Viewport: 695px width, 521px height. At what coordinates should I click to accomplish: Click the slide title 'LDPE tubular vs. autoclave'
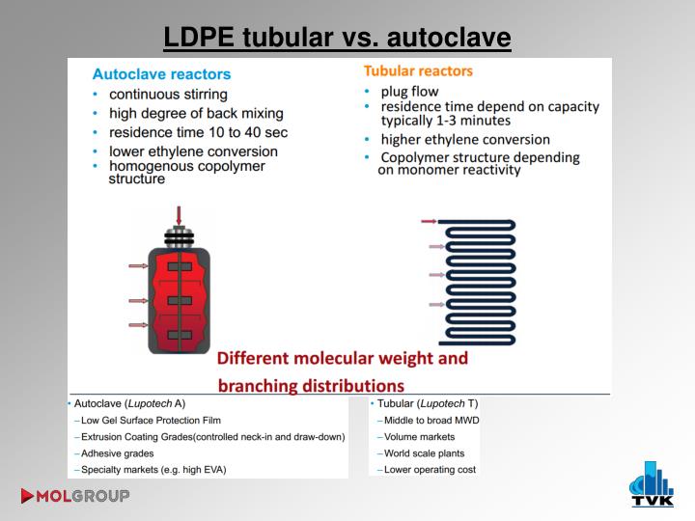click(337, 38)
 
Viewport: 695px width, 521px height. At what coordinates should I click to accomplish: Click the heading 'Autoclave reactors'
click(161, 73)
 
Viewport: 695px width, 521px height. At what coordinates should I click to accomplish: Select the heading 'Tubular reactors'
click(418, 70)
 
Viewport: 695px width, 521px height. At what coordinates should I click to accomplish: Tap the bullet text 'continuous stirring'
click(168, 95)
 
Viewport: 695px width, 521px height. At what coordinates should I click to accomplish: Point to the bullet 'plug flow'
click(409, 92)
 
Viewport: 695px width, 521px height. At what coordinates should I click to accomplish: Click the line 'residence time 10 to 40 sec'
click(198, 132)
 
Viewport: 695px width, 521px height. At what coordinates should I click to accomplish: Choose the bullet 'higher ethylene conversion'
click(465, 140)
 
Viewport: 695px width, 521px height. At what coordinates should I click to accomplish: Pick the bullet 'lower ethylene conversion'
click(193, 151)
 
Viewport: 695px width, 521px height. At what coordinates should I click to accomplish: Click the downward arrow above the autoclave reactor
click(179, 214)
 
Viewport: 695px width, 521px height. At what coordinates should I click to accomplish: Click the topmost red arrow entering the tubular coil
click(429, 222)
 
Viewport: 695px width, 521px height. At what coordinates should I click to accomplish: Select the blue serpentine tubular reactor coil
click(478, 282)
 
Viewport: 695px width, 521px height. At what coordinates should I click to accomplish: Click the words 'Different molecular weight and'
click(343, 358)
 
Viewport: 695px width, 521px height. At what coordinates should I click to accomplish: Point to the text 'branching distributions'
click(311, 386)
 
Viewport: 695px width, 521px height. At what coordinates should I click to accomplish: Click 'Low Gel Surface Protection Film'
click(151, 420)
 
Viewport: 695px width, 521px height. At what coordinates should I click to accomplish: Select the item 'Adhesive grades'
click(117, 452)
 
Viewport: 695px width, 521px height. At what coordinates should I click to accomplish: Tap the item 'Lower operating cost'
click(430, 470)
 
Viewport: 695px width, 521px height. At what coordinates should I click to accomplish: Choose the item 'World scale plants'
click(424, 452)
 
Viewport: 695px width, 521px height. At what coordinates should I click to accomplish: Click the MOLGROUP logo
click(74, 497)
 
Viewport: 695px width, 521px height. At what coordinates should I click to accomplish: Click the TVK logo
click(652, 484)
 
